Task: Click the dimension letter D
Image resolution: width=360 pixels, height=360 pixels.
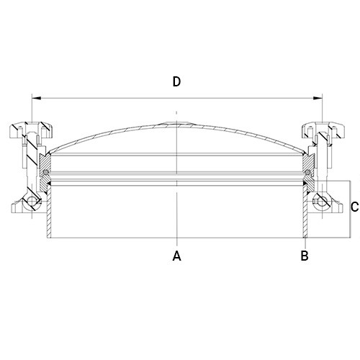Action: click(176, 81)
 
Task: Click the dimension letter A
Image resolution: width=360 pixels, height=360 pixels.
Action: click(177, 256)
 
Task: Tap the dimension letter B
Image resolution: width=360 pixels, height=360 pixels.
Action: click(305, 256)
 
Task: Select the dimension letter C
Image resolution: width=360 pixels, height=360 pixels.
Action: click(354, 207)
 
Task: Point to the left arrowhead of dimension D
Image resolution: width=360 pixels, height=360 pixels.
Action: click(37, 98)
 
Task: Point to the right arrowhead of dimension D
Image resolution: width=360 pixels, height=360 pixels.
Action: click(318, 98)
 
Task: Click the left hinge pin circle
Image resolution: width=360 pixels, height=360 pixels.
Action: click(32, 202)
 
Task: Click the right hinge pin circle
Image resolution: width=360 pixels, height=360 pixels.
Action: click(321, 202)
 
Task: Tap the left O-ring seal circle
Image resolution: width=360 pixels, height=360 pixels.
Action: click(45, 172)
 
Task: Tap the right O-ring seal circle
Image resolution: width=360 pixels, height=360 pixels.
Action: click(307, 172)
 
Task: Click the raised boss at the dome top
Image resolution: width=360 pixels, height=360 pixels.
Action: click(176, 124)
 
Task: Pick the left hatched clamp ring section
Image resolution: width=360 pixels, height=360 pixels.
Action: click(45, 173)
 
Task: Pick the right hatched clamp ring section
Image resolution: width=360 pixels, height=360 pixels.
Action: click(309, 173)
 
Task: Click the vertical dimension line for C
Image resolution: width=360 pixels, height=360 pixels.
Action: click(350, 210)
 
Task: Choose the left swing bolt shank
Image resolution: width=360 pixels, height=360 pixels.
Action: click(32, 163)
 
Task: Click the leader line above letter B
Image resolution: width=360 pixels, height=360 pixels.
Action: click(305, 244)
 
